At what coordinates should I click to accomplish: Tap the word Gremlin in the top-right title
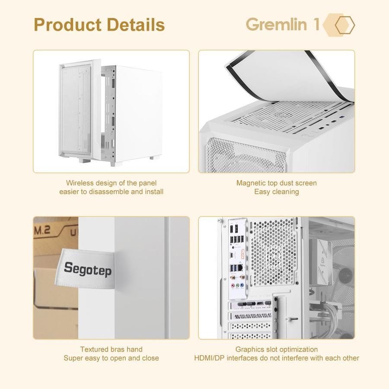(276, 24)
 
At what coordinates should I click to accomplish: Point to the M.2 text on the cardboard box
(42, 230)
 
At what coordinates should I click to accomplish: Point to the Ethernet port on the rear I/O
(234, 259)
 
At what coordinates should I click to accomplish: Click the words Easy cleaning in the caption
(276, 191)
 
